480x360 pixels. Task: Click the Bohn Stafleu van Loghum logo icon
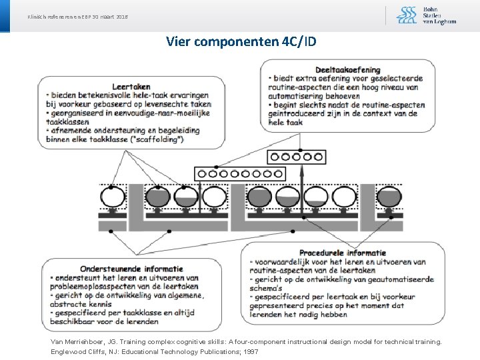point(407,15)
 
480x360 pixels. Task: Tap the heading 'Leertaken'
point(131,86)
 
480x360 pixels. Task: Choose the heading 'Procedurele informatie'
point(343,253)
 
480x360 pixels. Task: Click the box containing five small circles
point(297,157)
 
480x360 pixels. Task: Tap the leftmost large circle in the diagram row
point(112,197)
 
